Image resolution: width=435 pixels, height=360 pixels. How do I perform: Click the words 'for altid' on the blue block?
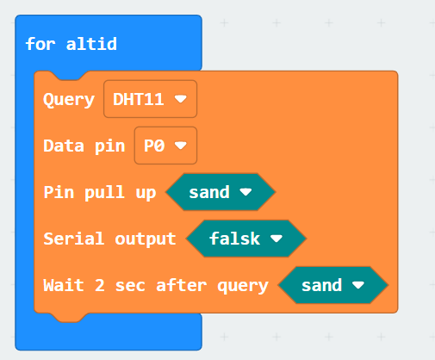71,44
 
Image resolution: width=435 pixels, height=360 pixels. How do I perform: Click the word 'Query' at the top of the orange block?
69,100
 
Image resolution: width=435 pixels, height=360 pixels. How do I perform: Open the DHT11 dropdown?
150,99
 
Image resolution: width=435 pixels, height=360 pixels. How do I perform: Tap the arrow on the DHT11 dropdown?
181,99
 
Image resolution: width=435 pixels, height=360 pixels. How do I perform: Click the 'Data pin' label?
84,146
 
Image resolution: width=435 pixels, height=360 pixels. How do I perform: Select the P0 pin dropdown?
165,146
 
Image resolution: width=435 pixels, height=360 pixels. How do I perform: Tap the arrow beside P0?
181,146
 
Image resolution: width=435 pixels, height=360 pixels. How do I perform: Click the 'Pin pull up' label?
100,192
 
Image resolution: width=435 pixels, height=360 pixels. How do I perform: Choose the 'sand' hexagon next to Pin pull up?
221,192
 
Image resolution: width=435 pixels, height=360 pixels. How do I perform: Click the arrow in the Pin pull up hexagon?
245,191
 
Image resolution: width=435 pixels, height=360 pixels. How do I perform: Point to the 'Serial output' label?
109,239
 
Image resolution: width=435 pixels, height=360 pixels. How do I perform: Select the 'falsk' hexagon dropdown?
246,239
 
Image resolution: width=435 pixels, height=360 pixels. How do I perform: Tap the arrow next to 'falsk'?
277,238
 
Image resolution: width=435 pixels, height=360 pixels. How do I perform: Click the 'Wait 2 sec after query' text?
156,285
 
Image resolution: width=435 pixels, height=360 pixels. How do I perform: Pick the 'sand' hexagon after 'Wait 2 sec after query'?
333,285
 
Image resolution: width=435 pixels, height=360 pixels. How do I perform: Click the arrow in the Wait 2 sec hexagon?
358,284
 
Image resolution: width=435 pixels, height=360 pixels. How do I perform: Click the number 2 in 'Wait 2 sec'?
100,285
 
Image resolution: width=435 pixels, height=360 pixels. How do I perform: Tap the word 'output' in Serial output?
146,239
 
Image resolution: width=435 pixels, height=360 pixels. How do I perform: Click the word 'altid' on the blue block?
91,44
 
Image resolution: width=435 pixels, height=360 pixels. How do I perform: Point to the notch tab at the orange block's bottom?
70,318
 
